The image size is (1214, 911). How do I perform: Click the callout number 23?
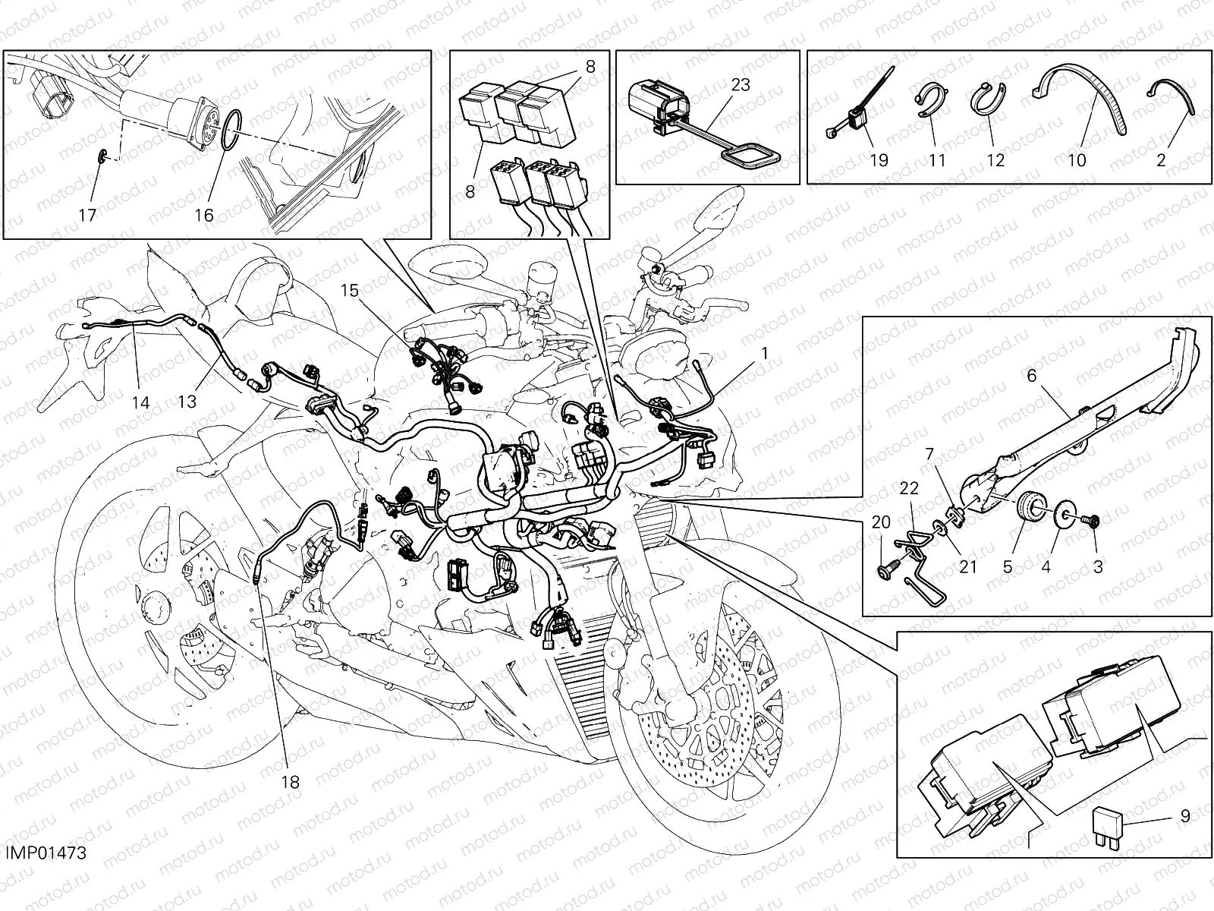pyautogui.click(x=740, y=85)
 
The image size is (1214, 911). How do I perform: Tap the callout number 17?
pyautogui.click(x=87, y=216)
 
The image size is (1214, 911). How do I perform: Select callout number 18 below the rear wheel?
pyautogui.click(x=290, y=781)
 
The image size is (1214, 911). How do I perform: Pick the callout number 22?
pyautogui.click(x=909, y=488)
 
